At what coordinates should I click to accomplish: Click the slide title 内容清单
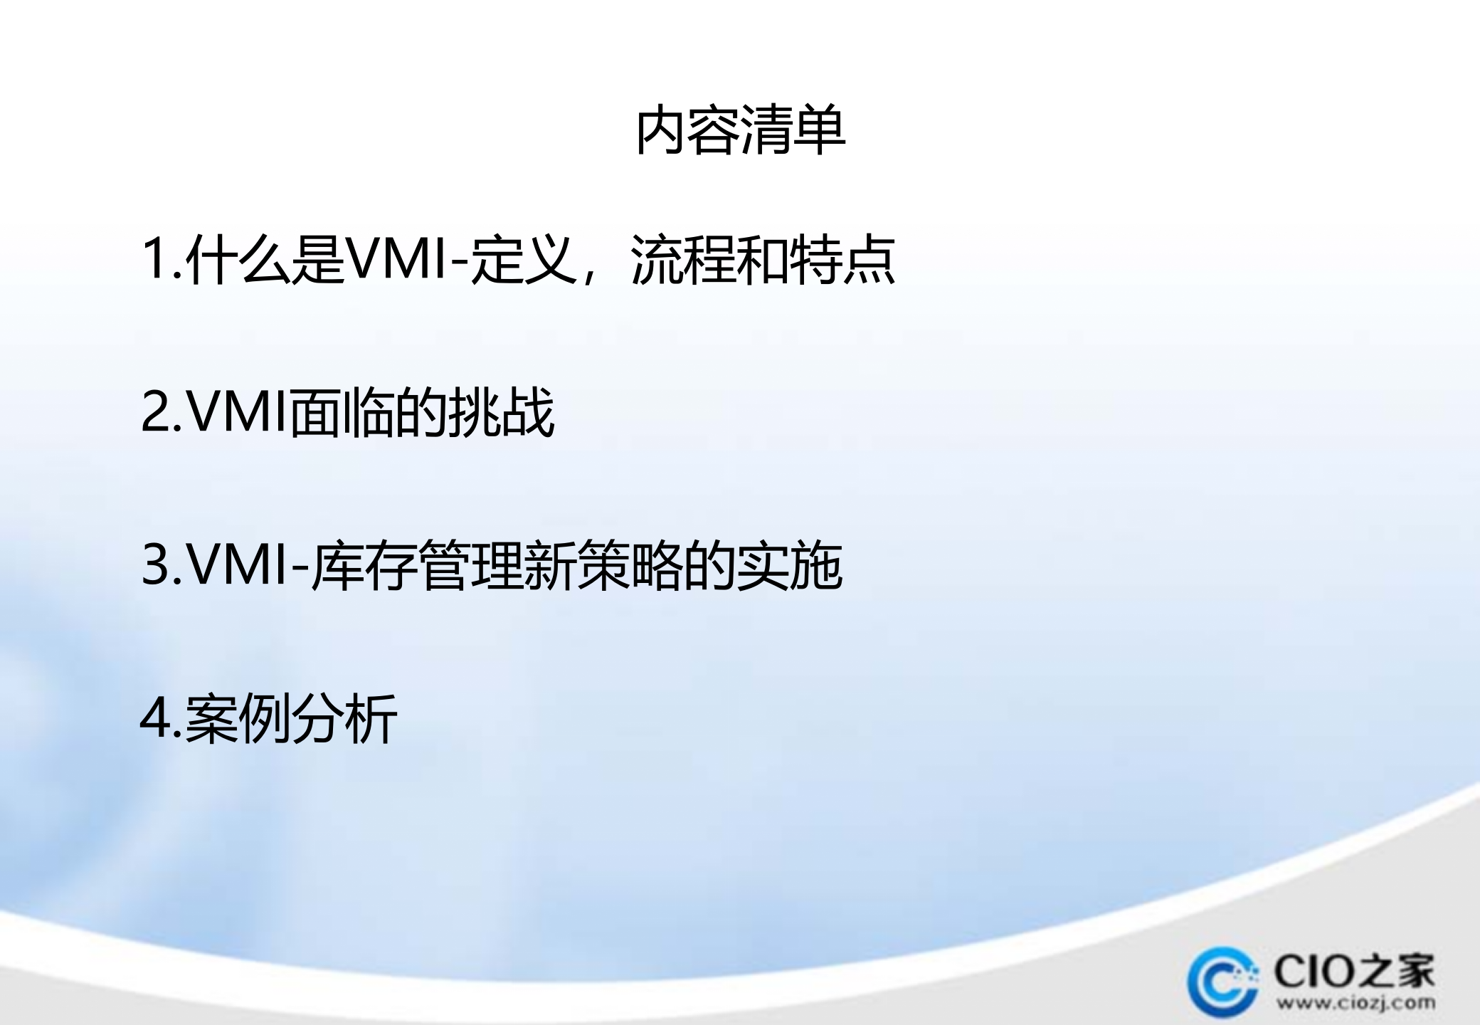[x=740, y=131]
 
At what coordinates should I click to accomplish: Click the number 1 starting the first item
[x=154, y=260]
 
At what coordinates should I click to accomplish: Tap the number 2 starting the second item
[x=154, y=413]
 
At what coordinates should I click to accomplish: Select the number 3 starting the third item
[x=154, y=566]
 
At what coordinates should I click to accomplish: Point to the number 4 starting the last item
[x=155, y=719]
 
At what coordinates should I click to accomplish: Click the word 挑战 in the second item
[x=502, y=413]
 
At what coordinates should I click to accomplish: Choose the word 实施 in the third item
[x=790, y=566]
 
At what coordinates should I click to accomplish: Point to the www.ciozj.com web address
[x=1355, y=1004]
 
